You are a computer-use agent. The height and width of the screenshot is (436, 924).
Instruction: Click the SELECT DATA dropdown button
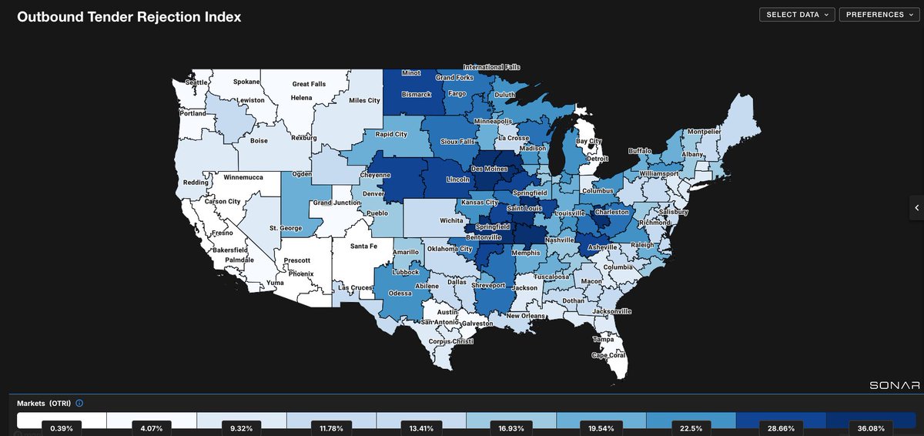coord(797,15)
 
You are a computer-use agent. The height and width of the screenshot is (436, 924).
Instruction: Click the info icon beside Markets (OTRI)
coord(80,403)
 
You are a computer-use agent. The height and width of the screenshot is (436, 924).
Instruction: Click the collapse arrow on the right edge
coord(916,208)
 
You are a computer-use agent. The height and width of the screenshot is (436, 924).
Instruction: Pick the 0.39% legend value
coord(62,427)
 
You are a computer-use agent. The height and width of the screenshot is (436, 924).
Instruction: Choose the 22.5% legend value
coord(691,427)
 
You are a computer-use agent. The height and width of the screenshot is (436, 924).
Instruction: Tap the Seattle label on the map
coord(197,82)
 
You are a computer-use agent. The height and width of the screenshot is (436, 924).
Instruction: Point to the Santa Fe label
coord(364,247)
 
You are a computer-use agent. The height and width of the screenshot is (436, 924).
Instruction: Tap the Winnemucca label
coord(243,177)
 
